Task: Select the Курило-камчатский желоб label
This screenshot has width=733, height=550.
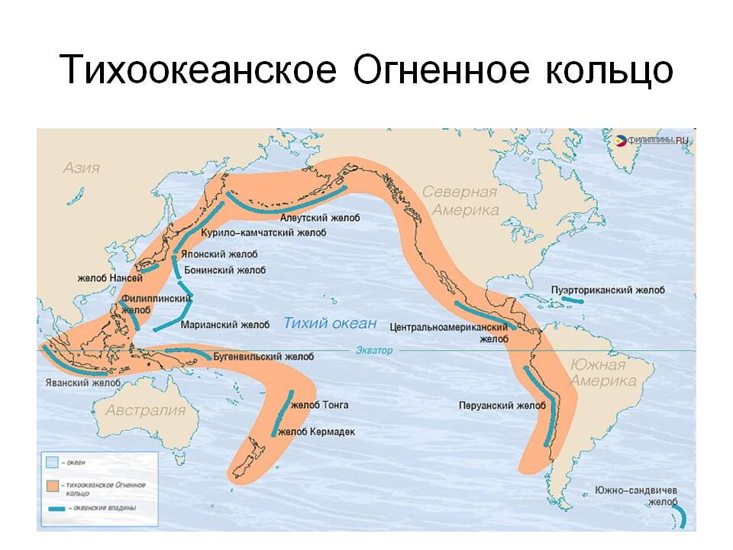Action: [252, 232]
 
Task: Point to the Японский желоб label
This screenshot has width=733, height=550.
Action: [219, 254]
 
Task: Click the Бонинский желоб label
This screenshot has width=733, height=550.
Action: [225, 270]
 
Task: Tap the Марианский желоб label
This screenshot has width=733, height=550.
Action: [225, 325]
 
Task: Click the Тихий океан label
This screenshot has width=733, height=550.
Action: [330, 323]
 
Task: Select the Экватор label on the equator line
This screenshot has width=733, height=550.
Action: [373, 351]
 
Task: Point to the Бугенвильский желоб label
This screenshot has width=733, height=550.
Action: [263, 357]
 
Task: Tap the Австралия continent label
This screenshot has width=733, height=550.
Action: [145, 410]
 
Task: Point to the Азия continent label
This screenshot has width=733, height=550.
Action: [82, 167]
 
